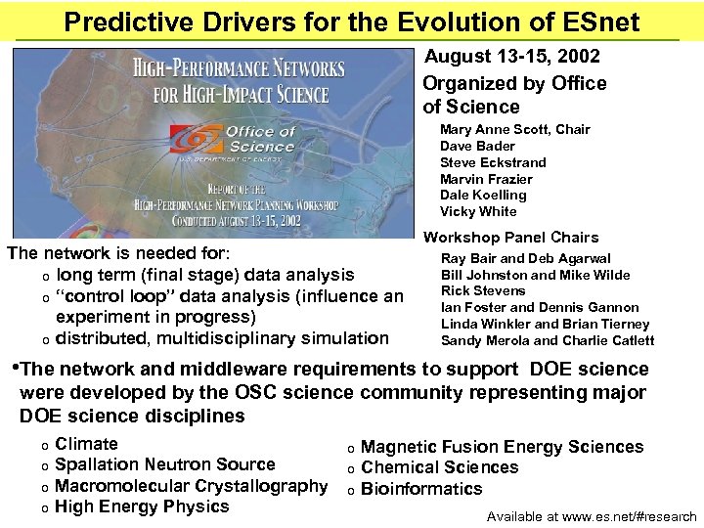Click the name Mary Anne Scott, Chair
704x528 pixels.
coord(514,129)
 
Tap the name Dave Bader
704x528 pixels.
coord(477,146)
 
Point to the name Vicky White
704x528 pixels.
coord(478,211)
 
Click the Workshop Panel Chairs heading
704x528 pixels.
coord(510,238)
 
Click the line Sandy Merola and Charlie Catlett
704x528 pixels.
coord(548,341)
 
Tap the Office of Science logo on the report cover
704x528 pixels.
coord(235,141)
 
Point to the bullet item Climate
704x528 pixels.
coord(86,444)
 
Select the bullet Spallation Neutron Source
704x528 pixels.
coord(165,464)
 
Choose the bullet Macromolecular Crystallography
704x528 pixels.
coord(191,486)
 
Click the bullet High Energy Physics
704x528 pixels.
coord(142,506)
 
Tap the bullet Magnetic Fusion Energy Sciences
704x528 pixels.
coord(502,447)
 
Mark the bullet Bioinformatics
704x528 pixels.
coord(421,489)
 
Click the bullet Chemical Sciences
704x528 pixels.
coord(439,467)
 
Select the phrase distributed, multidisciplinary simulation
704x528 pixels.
coord(222,338)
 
